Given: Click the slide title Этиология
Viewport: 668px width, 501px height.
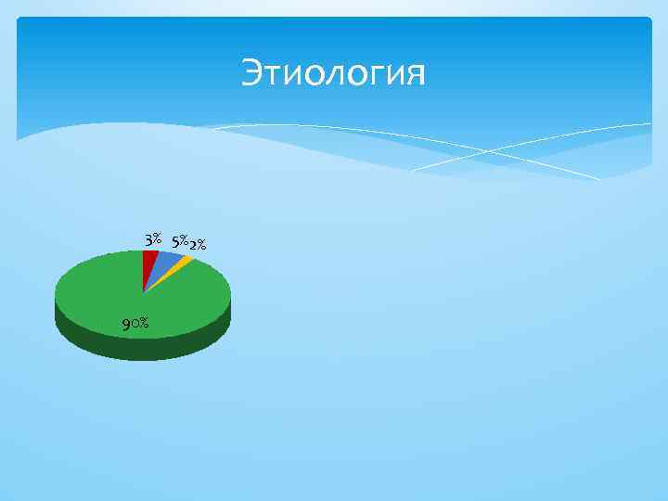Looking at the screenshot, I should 333,73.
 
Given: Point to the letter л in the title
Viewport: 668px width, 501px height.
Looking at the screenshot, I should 333,76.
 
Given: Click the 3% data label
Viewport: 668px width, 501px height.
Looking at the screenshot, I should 153,239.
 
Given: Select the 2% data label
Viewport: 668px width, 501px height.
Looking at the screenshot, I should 197,245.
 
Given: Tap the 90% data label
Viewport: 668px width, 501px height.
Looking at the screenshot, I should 135,323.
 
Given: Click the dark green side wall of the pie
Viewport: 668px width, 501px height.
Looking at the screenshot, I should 139,348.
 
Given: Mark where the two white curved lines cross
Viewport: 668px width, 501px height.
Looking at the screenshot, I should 483,151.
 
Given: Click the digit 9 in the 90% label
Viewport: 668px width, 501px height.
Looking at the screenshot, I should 125,324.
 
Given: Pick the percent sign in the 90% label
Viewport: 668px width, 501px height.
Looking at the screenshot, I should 146,323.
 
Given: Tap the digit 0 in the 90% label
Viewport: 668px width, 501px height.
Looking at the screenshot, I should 135,324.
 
